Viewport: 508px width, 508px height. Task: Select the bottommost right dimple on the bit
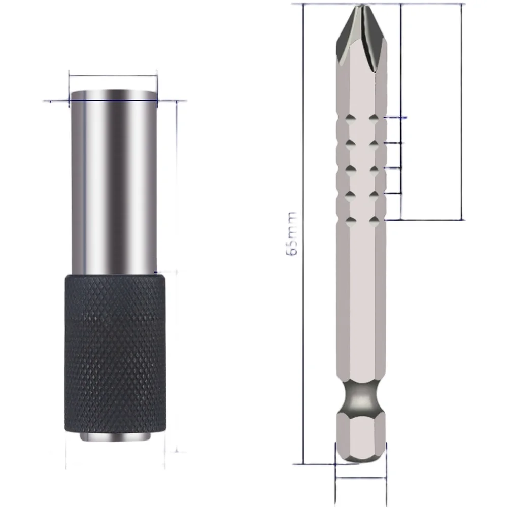click(374, 220)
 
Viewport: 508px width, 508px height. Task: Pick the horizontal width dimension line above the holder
click(113, 76)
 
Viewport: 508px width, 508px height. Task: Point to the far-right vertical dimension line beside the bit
click(462, 112)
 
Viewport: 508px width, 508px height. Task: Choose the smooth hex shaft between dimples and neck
click(361, 304)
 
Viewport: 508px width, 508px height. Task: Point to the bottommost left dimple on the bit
click(349, 220)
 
